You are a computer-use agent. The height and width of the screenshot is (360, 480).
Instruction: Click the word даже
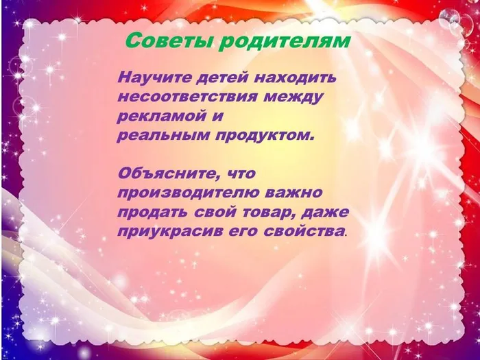tap(324, 212)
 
